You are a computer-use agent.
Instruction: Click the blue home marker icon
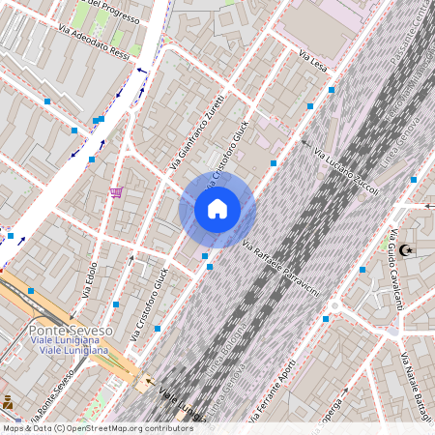pyautogui.click(x=217, y=209)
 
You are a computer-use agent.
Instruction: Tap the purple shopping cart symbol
pyautogui.click(x=116, y=192)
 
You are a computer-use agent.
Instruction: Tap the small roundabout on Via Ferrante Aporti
pyautogui.click(x=326, y=318)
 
